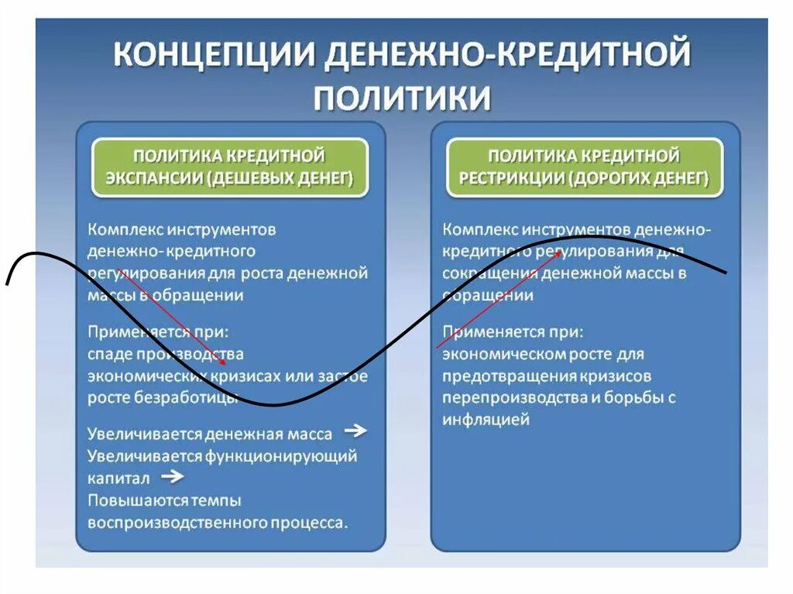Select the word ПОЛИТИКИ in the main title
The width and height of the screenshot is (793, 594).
[x=403, y=99]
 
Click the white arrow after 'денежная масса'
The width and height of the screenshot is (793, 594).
[x=355, y=431]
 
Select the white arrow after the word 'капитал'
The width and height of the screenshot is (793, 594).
[x=173, y=476]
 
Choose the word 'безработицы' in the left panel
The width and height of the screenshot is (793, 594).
[x=197, y=398]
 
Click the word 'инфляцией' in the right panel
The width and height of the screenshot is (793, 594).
[x=486, y=420]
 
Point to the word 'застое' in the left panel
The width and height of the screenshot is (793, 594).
[x=343, y=376]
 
